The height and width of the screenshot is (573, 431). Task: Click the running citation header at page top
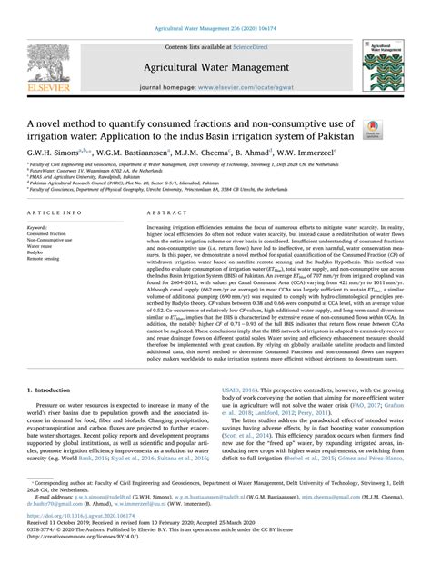[215, 7]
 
